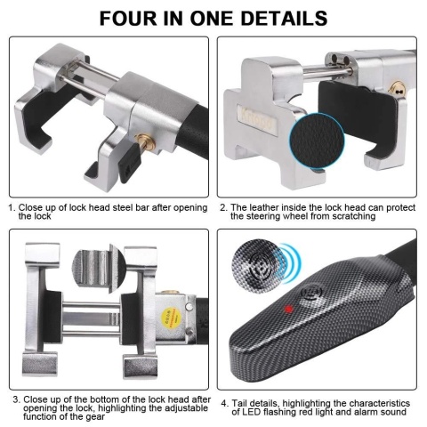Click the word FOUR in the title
point(129,18)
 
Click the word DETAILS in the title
point(284,18)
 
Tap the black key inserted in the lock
point(130,163)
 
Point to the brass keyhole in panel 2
point(396,89)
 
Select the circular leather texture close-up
point(317,141)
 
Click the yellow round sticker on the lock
point(169,318)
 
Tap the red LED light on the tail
point(288,310)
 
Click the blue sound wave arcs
point(292,263)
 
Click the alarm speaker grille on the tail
point(311,293)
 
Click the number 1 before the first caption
point(12,207)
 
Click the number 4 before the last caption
point(224,403)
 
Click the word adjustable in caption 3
point(186,408)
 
